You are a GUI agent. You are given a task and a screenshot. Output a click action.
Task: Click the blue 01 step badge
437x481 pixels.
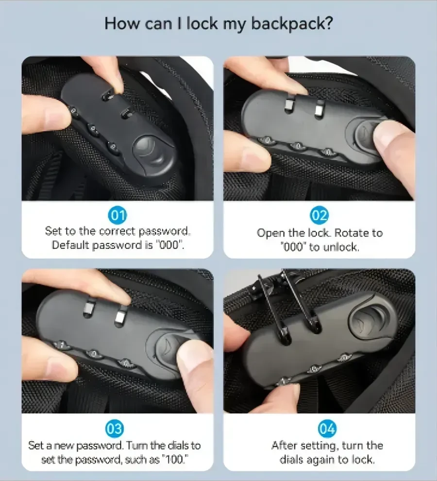coord(118,215)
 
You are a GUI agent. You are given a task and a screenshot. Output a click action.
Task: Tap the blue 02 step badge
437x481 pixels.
coord(319,215)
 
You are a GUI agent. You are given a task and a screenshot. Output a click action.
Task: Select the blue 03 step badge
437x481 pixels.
coord(115,429)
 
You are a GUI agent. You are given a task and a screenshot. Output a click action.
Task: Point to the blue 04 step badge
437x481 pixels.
coord(327,429)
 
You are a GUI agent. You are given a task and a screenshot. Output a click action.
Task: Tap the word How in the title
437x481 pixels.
coord(122,23)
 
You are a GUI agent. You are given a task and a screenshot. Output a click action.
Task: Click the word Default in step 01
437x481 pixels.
coord(70,245)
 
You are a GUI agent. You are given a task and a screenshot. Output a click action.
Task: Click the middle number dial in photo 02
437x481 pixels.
coord(298,146)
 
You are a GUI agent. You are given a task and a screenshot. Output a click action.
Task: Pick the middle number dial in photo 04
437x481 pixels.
coord(315,369)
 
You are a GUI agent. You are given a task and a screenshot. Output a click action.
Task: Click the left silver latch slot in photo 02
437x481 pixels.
coord(289,105)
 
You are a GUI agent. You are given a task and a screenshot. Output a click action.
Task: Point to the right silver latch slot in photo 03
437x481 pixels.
coord(120,317)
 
